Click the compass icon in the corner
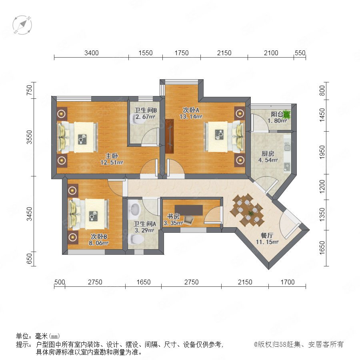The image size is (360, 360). coord(22,25)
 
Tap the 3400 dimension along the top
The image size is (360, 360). coord(91,53)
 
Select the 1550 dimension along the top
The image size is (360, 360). coord(145,53)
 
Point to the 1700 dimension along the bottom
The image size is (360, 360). coord(288,282)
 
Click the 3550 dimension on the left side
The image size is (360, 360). coord(29,137)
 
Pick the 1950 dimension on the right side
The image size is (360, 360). coord(322,152)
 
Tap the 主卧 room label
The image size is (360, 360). coord(112,156)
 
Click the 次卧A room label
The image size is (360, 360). coord(191,110)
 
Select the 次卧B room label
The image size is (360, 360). coord(99,236)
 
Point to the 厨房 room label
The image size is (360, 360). coord(268,153)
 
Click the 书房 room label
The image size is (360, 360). coord(173,216)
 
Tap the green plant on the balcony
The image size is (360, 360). coord(287,114)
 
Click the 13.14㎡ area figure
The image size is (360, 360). coord(191,116)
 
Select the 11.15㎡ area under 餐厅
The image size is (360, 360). coord(267,242)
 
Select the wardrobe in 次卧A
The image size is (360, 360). coord(170,136)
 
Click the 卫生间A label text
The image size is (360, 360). coord(145,224)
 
